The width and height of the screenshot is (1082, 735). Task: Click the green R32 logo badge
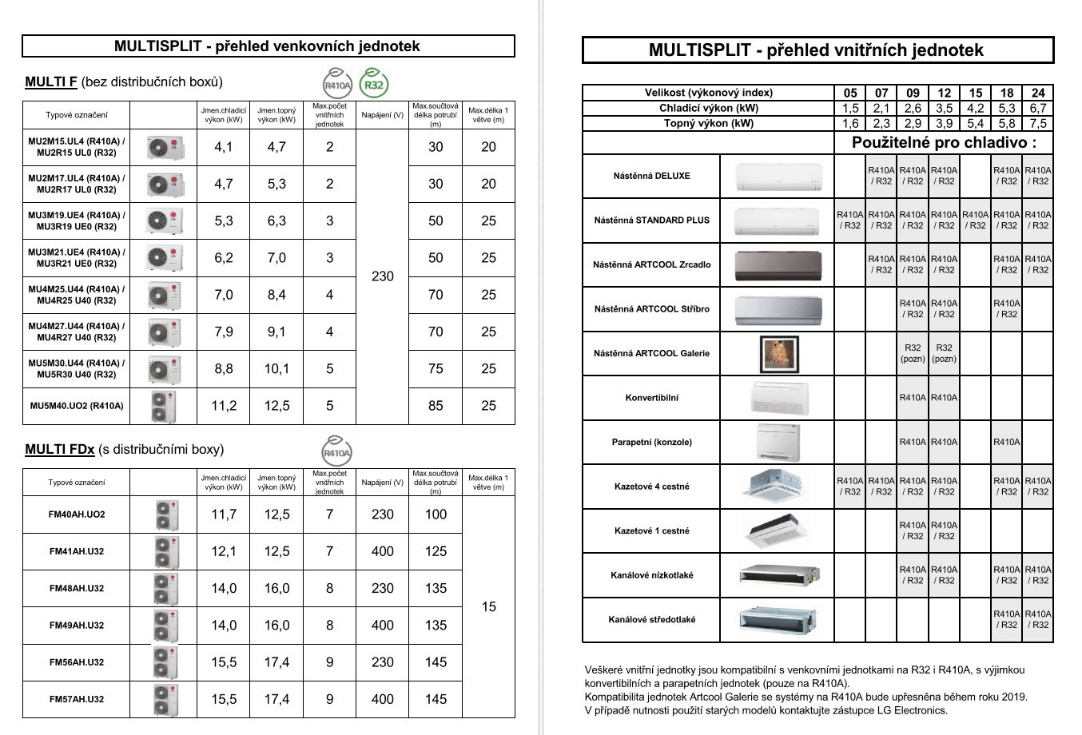point(374,84)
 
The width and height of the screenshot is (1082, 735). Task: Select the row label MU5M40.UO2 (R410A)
point(77,406)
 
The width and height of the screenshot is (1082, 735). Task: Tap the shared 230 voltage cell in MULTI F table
point(383,276)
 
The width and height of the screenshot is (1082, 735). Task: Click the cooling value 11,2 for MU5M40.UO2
point(224,406)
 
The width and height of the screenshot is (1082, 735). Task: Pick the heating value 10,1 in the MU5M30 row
point(276,369)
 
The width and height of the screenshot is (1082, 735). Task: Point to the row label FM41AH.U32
point(77,551)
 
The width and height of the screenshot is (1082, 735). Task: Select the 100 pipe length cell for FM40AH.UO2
point(436,514)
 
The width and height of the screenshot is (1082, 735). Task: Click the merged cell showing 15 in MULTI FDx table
point(488,607)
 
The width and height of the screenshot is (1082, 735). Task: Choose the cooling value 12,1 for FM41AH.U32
point(224,551)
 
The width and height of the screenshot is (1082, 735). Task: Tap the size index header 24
point(1038,93)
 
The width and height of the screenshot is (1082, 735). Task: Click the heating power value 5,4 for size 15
point(975,123)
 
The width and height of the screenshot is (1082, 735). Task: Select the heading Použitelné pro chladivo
point(944,143)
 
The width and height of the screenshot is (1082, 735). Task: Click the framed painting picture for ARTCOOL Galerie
point(779,354)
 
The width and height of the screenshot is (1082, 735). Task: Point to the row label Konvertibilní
point(652,398)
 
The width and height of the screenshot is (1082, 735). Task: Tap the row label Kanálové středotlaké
point(652,619)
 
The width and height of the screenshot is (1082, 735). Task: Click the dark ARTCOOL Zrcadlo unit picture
point(778,265)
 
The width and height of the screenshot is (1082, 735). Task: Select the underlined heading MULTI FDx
point(60,450)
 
